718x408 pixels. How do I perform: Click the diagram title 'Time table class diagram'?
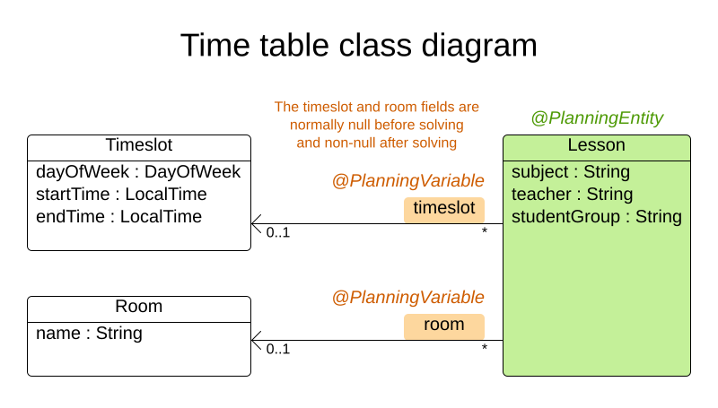[358, 45]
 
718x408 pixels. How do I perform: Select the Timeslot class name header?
[138, 145]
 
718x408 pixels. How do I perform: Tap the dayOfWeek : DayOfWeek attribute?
[138, 171]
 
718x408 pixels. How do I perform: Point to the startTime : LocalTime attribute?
[121, 194]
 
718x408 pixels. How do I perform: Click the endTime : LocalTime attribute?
[118, 216]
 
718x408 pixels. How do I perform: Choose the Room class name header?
[138, 307]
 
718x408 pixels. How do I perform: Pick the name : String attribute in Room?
[89, 334]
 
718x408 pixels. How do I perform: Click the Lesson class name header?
[596, 145]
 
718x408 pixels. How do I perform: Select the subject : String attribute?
[570, 171]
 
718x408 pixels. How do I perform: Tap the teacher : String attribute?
[572, 194]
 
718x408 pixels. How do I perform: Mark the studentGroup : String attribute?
[596, 216]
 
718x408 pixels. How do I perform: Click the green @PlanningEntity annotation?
[597, 117]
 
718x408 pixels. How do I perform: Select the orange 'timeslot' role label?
[443, 209]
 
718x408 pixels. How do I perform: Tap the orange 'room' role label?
[443, 325]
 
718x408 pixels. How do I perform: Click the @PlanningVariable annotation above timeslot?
[407, 180]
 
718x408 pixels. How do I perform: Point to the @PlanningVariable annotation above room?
[407, 297]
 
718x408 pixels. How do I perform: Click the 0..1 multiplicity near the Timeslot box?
[278, 233]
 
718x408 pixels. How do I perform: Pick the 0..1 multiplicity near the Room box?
[278, 350]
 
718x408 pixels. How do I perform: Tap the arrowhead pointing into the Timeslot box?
[256, 223]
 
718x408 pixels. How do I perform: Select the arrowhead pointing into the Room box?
[256, 340]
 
